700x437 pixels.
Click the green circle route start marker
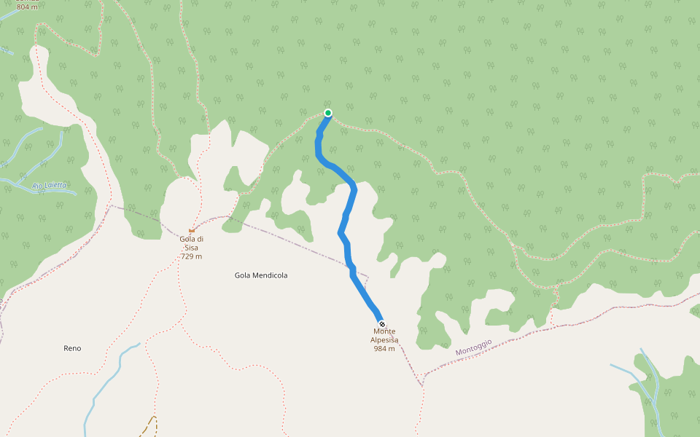(x=328, y=113)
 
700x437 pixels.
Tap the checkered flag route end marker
(x=382, y=323)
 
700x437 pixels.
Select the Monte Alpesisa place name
(x=384, y=336)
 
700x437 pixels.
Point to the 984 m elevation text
(x=384, y=348)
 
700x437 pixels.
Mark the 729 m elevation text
(x=191, y=256)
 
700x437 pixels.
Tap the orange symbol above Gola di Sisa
(x=192, y=231)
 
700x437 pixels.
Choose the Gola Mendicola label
(x=261, y=275)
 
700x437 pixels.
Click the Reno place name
(x=72, y=348)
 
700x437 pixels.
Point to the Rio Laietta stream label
(x=50, y=186)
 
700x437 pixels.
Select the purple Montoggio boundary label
(x=474, y=347)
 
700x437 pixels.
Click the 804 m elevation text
(x=28, y=7)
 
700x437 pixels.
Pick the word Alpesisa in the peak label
(x=384, y=340)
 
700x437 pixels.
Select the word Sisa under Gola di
(x=191, y=248)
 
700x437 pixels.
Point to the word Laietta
(x=55, y=186)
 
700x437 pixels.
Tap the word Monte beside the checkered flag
(x=384, y=331)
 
